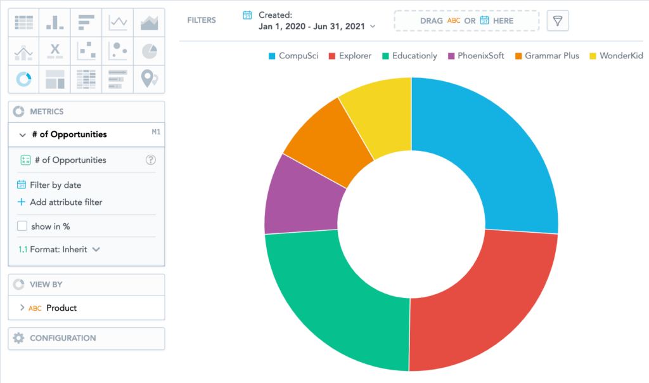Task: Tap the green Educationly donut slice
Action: pyautogui.click(x=331, y=298)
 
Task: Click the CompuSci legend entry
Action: pyautogui.click(x=293, y=56)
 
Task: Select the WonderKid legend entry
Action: pyautogui.click(x=616, y=56)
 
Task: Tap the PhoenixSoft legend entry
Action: pyautogui.click(x=476, y=56)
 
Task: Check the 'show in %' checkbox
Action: pyautogui.click(x=22, y=226)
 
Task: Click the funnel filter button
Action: pyautogui.click(x=558, y=21)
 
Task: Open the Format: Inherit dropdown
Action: pyautogui.click(x=59, y=249)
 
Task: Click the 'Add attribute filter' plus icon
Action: pyautogui.click(x=21, y=202)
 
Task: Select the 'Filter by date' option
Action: pyautogui.click(x=49, y=185)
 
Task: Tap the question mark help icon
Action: pyautogui.click(x=151, y=160)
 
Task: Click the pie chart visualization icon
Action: pyautogui.click(x=149, y=51)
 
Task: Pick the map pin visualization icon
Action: pyautogui.click(x=149, y=79)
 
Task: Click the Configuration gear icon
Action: pyautogui.click(x=18, y=338)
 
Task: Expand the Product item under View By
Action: pyautogui.click(x=22, y=308)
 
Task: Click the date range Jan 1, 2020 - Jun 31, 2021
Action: pyautogui.click(x=312, y=27)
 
